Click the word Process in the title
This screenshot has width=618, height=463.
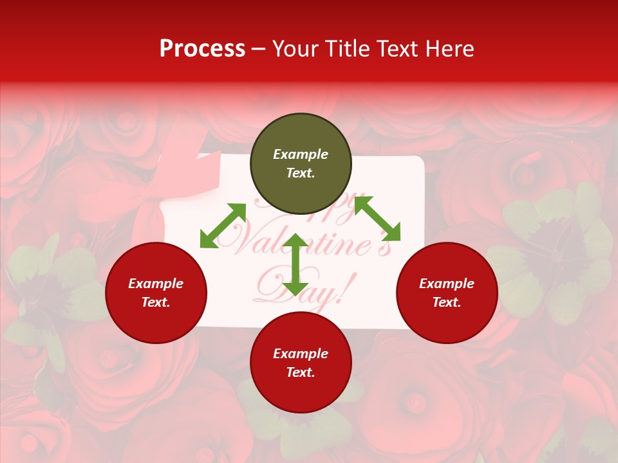[x=202, y=49]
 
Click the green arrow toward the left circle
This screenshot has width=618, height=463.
[x=223, y=226]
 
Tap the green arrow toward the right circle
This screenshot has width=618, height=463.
[x=377, y=219]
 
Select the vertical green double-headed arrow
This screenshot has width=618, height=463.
[x=295, y=264]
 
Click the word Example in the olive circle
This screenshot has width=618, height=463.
[x=301, y=154]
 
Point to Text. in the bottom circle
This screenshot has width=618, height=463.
[x=301, y=372]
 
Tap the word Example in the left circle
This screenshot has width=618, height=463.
[x=156, y=284]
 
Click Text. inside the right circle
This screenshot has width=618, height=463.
[x=447, y=302]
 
